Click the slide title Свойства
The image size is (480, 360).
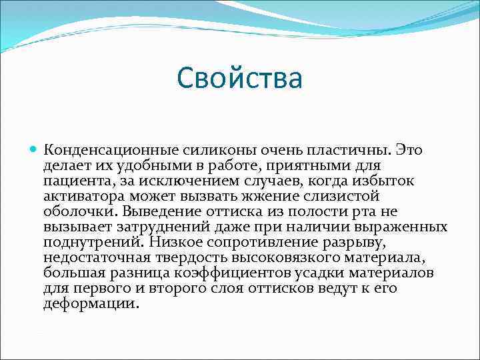coord(240,78)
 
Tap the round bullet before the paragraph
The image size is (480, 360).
coord(34,150)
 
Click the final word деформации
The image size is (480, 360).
coord(91,303)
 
